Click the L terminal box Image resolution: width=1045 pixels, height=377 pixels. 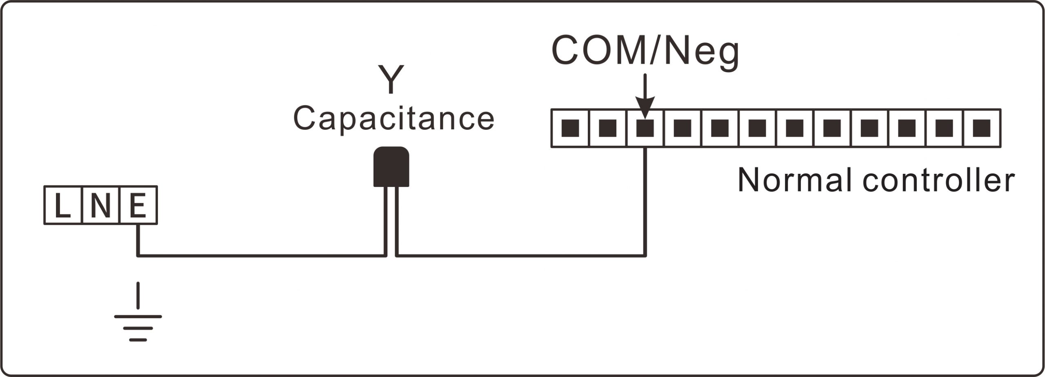tap(62, 205)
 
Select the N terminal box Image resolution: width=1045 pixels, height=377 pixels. tap(100, 205)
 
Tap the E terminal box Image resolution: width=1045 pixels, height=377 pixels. tap(138, 205)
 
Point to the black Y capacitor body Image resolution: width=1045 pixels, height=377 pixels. tap(391, 166)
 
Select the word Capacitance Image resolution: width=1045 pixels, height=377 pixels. tap(394, 119)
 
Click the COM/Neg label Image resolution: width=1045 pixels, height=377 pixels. tap(645, 51)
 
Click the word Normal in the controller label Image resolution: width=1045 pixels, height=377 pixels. tap(794, 180)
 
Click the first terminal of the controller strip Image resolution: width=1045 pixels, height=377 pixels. tap(570, 128)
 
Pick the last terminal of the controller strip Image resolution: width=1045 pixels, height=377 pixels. tap(981, 128)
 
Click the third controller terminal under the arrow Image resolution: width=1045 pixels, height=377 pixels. tap(645, 128)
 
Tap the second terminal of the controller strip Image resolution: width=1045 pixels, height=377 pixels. tap(607, 128)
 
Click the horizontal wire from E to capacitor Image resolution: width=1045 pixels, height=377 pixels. tap(261, 256)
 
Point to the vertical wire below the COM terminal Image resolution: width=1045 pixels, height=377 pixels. tap(645, 200)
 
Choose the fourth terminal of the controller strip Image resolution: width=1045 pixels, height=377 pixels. tap(682, 128)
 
